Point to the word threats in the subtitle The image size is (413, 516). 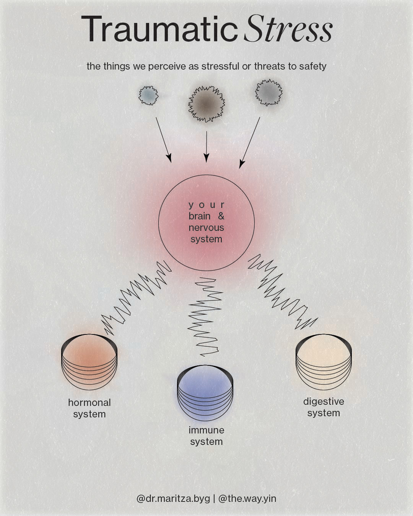click(270, 66)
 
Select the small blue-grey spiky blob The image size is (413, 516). click(148, 95)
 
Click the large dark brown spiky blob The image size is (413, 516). click(206, 104)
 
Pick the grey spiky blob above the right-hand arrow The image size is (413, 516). click(268, 92)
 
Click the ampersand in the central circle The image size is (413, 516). click(221, 216)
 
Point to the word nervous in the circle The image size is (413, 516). click(206, 228)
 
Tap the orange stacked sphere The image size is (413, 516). click(89, 362)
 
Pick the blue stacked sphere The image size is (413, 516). click(205, 394)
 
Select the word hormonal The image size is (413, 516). click(89, 402)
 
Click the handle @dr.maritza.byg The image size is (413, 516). click(173, 498)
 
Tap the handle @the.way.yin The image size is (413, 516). click(247, 498)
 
